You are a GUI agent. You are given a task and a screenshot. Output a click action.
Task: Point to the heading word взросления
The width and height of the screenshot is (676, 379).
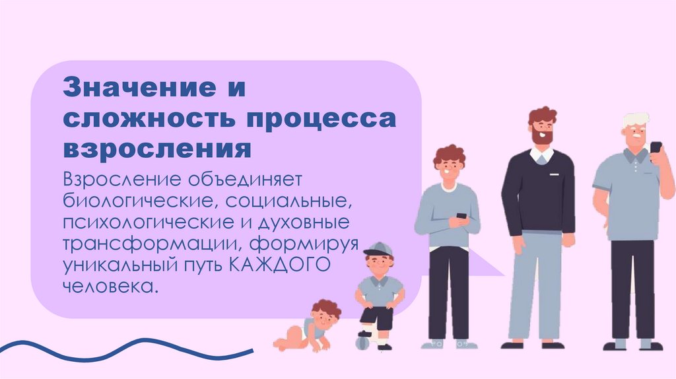[157, 149]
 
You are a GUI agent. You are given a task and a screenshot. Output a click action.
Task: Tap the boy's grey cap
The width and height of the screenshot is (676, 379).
[378, 250]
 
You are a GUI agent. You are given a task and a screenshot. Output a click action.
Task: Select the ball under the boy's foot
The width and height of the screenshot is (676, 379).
[362, 342]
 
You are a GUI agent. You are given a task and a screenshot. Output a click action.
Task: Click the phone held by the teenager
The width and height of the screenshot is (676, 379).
[461, 216]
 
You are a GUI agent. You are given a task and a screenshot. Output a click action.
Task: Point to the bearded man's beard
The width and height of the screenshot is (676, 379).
[543, 136]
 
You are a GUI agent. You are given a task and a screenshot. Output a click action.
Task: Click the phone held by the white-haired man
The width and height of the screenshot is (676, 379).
[656, 147]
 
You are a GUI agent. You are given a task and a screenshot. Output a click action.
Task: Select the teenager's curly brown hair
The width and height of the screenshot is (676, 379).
[449, 156]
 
